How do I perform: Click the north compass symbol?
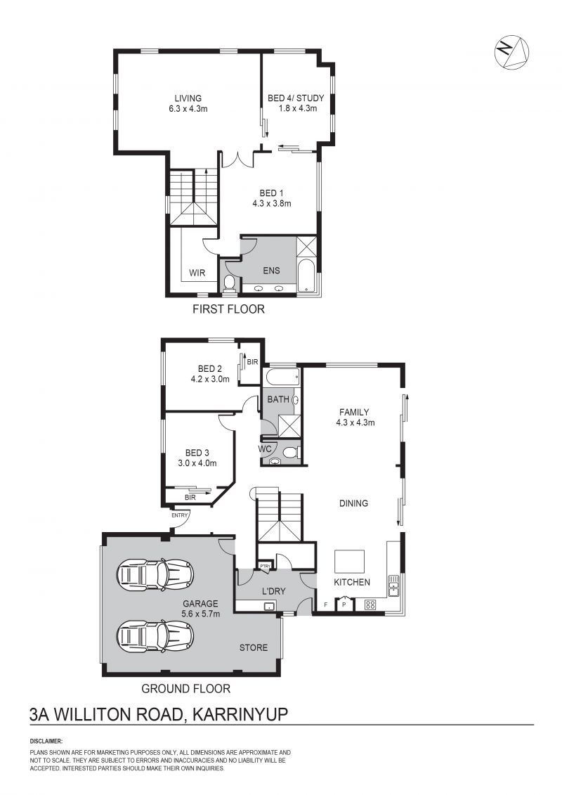[x=511, y=52]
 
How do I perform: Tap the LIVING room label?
[x=188, y=98]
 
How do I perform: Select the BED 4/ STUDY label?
[x=296, y=98]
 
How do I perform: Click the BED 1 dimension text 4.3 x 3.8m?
[x=272, y=204]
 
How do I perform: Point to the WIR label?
[x=197, y=273]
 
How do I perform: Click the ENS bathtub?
[x=306, y=276]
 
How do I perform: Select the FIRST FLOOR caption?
[x=228, y=309]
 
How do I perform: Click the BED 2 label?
[x=210, y=369]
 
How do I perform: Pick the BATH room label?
[x=278, y=399]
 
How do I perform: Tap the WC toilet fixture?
[x=290, y=452]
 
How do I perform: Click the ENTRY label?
[x=179, y=515]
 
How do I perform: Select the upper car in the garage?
[x=155, y=574]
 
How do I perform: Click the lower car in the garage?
[x=155, y=635]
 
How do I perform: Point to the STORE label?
[x=254, y=647]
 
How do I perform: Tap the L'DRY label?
[x=274, y=591]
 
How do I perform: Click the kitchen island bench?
[x=349, y=562]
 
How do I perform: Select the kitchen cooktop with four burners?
[x=370, y=605]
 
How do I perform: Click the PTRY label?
[x=265, y=566]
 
